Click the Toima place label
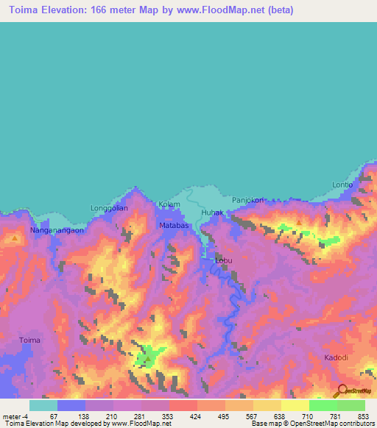(x=29, y=340)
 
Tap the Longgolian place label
(x=109, y=208)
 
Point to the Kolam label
(x=169, y=204)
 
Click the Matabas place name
(x=175, y=226)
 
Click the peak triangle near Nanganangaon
(x=14, y=238)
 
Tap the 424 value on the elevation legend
(x=195, y=416)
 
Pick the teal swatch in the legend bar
(x=43, y=405)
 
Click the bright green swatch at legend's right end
(x=350, y=405)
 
